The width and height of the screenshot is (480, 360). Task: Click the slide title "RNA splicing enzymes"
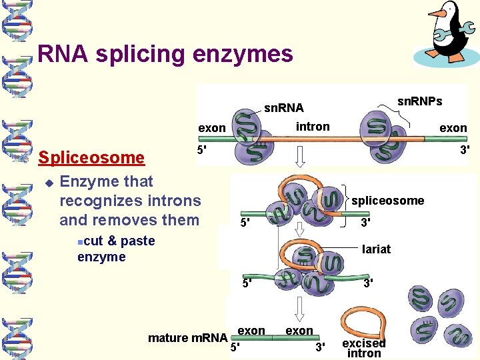click(165, 53)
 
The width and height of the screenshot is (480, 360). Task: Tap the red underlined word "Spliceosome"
click(91, 157)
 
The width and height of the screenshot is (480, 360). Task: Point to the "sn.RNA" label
click(283, 107)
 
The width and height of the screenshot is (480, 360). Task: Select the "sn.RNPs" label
click(419, 101)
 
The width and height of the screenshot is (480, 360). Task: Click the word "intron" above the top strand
click(312, 126)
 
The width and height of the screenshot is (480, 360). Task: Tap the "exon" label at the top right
click(453, 127)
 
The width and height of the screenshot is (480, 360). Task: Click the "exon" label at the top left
click(212, 127)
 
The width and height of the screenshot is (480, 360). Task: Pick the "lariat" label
click(376, 249)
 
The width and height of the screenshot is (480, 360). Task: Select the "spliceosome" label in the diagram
click(387, 201)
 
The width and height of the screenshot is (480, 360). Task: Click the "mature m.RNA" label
click(187, 337)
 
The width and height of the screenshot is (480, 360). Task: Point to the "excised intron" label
click(364, 347)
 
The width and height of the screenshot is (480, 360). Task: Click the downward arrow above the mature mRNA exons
click(299, 308)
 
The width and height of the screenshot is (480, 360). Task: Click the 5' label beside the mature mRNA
click(235, 347)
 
